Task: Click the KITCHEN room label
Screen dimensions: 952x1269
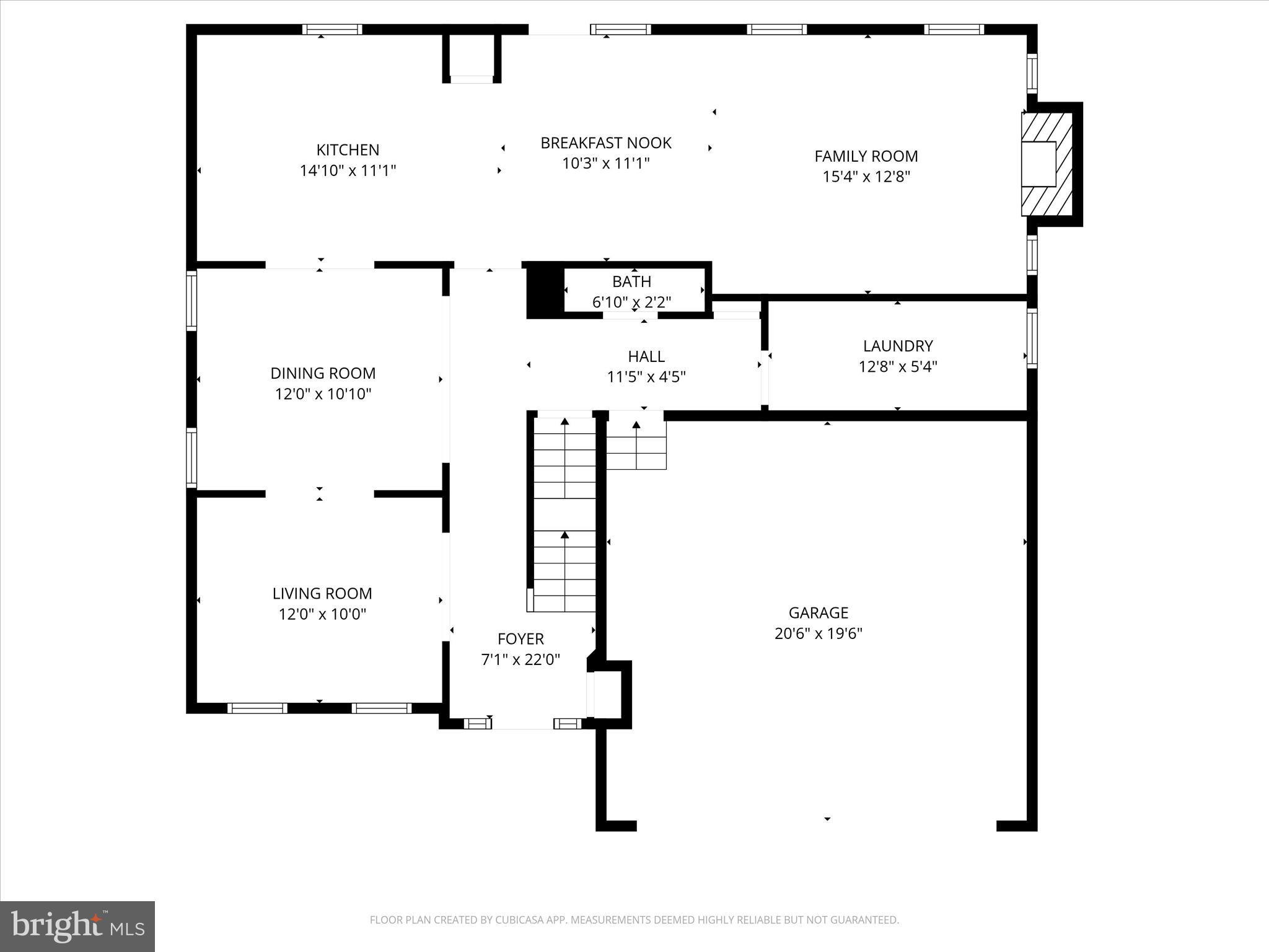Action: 348,150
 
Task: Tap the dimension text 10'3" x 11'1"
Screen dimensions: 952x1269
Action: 605,164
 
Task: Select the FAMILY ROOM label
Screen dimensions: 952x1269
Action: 866,156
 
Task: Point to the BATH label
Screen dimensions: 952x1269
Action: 631,282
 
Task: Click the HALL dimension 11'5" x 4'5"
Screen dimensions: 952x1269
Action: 646,377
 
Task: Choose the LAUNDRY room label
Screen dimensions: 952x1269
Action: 897,346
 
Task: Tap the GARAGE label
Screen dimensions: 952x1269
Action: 818,613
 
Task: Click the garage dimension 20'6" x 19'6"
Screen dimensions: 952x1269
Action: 818,633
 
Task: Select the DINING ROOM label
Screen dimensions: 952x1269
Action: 323,373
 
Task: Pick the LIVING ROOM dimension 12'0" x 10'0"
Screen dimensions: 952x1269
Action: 322,614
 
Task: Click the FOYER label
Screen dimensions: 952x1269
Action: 520,639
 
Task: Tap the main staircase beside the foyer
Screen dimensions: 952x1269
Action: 564,514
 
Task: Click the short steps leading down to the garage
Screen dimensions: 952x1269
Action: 636,444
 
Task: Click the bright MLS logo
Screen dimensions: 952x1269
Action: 77,927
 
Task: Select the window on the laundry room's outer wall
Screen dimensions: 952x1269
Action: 1032,338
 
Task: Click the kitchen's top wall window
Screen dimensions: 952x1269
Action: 332,29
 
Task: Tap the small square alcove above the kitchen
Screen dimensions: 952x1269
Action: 472,57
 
